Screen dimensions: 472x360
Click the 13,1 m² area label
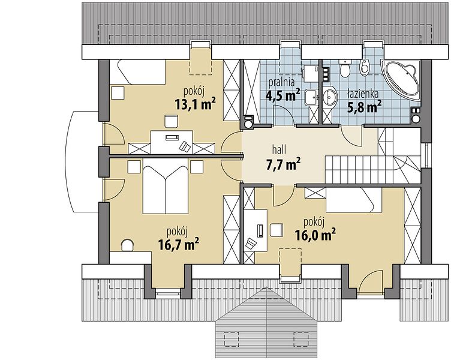[x=195, y=104]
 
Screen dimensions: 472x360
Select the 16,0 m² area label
[x=315, y=234]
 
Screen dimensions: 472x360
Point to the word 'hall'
[x=279, y=149]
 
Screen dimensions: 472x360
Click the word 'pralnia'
[x=281, y=82]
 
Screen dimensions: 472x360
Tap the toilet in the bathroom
[x=344, y=68]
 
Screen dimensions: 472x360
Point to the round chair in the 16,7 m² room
[x=127, y=245]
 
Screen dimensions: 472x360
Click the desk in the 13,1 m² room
[x=172, y=142]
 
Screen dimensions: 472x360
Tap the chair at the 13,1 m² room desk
[x=171, y=121]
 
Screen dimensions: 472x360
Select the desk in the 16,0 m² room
[x=256, y=230]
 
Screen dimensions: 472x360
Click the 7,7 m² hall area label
[x=283, y=164]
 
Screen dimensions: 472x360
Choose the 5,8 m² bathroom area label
[x=365, y=107]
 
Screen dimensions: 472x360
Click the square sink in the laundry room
[x=311, y=97]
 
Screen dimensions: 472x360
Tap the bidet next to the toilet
[x=365, y=66]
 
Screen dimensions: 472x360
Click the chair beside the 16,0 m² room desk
[x=276, y=230]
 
